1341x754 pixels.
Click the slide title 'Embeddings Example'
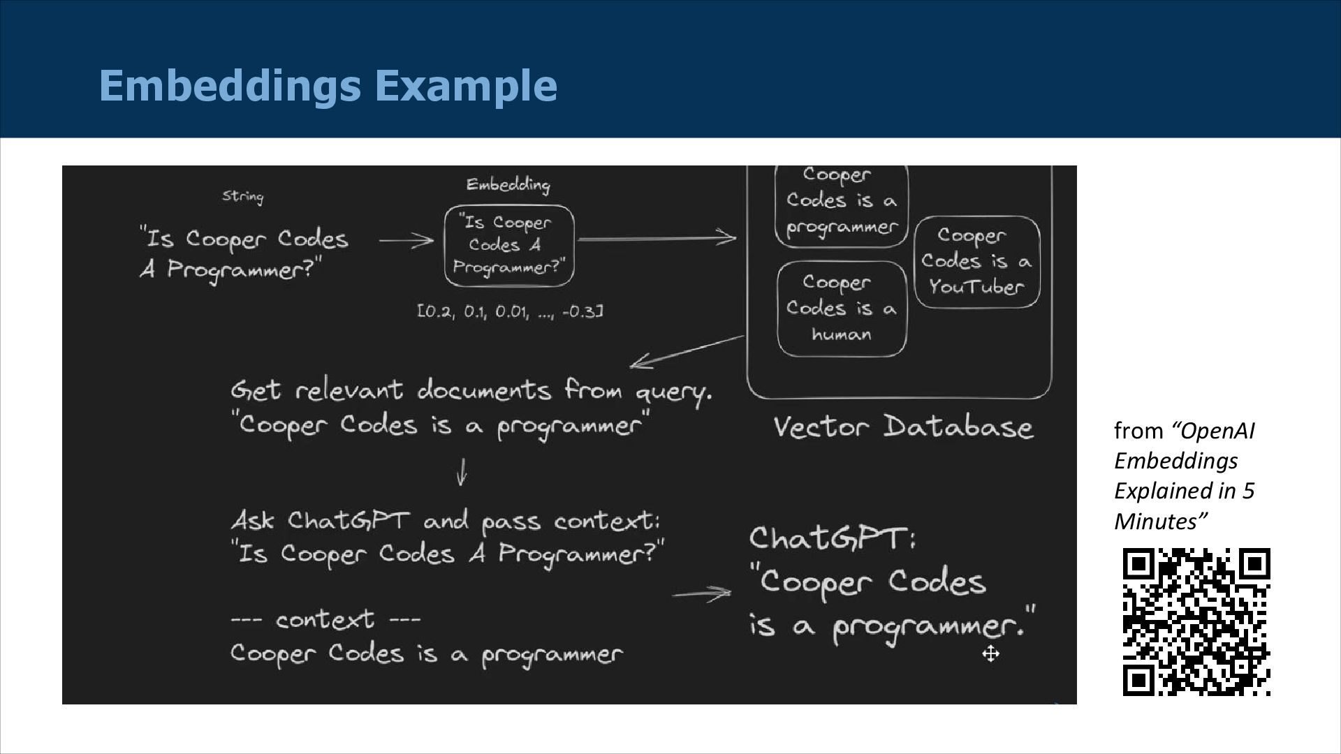coord(328,85)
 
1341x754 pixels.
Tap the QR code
coord(1196,621)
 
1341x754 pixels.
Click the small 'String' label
coord(243,196)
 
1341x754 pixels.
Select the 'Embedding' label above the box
coord(508,184)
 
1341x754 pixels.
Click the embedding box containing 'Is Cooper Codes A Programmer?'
coord(508,245)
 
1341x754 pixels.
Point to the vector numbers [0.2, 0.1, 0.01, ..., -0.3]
coord(510,311)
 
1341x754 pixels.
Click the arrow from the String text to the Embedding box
coord(406,241)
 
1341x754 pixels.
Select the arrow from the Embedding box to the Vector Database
coord(657,239)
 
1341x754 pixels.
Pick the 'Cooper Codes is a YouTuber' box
coord(976,262)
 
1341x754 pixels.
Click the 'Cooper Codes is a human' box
coord(841,309)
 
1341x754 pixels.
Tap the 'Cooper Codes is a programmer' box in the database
coord(841,202)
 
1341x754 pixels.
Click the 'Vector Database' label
coord(902,427)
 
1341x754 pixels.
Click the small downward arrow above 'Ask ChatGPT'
coord(461,472)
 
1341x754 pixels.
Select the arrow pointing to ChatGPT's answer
coord(701,595)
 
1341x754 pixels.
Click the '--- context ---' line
coord(325,619)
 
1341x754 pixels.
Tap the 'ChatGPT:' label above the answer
coord(832,538)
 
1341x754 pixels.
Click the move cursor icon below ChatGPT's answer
coord(990,654)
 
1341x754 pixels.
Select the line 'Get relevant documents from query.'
coord(471,390)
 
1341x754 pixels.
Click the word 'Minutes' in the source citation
coord(1158,522)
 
